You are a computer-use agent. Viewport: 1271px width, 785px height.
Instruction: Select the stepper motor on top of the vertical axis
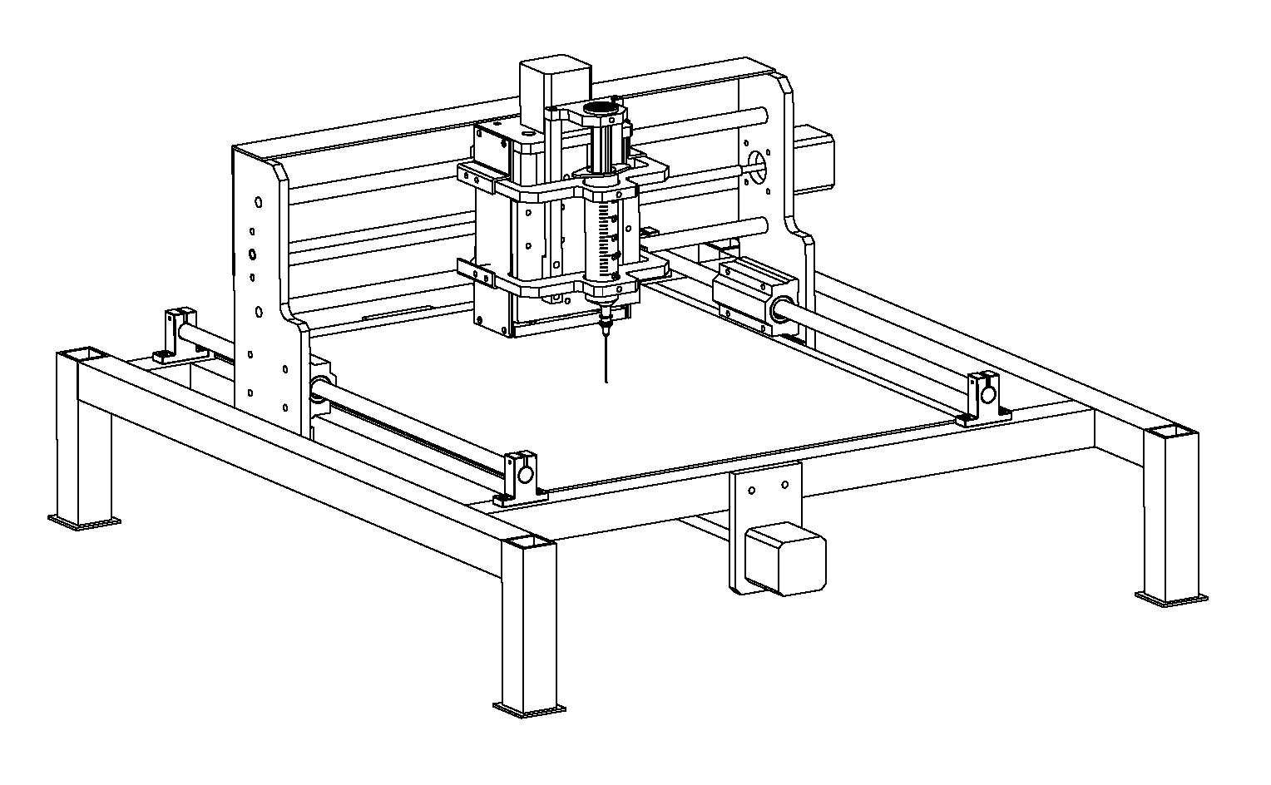tap(553, 83)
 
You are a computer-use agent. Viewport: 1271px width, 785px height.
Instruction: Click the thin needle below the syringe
tap(606, 358)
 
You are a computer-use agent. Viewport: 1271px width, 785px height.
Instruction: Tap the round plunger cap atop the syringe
tap(601, 109)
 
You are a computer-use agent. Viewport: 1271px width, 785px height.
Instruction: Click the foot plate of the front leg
tap(529, 708)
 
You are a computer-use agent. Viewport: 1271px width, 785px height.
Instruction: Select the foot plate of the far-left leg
tap(83, 522)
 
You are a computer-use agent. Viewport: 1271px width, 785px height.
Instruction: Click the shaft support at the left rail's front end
tap(522, 478)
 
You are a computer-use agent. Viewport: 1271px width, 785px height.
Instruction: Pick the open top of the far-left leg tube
tap(82, 355)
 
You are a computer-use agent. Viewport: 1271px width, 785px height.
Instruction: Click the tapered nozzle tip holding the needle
tap(606, 320)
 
